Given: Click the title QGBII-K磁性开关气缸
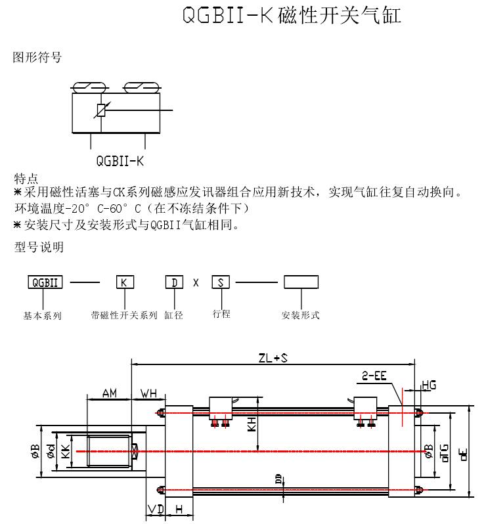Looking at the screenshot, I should coord(291,15).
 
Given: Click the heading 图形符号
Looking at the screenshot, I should coord(37,58).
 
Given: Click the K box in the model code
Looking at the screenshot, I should coord(125,282).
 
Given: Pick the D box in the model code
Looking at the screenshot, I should coord(174,282).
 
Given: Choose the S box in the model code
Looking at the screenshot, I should coord(221,282).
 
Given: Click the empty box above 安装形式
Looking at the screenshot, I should coord(301,282).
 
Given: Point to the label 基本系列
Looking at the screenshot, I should coord(43,316).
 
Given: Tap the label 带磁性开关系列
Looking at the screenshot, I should coord(124,316).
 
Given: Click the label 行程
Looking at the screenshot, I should coord(221,314).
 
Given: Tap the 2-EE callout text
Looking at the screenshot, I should coord(372,376).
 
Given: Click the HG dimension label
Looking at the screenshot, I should coord(428,384).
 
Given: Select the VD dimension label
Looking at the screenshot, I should coord(156,510).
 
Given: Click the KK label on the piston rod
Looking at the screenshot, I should coord(64,452).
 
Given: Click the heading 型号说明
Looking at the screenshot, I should coord(39,247).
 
